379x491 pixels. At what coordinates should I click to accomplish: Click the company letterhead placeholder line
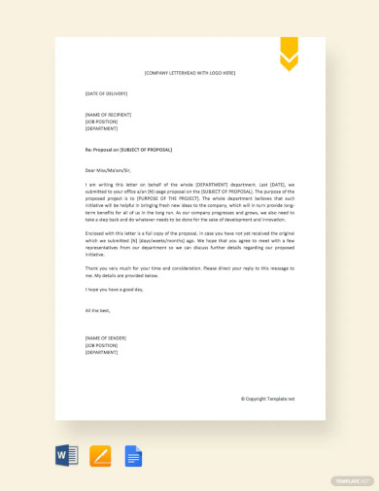(189, 73)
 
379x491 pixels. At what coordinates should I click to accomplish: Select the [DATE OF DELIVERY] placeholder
(106, 93)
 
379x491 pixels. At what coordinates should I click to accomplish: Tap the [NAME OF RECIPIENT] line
(108, 114)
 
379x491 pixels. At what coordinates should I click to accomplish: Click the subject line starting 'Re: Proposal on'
(128, 150)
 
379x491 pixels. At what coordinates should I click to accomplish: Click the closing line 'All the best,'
(98, 310)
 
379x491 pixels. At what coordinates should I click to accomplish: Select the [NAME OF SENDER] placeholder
(105, 337)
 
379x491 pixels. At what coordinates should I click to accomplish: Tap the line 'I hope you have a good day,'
(114, 289)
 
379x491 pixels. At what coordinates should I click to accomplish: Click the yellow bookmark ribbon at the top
(289, 53)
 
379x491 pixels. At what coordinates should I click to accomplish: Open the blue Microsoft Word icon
(66, 456)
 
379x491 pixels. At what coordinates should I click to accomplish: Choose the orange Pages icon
(100, 456)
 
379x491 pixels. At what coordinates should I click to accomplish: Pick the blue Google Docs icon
(133, 456)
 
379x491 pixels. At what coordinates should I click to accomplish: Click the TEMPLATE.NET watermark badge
(352, 480)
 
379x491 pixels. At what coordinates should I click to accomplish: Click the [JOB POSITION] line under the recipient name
(102, 121)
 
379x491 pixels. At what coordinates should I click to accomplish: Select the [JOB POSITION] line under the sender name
(102, 344)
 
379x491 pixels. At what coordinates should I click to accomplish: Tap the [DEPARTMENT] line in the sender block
(101, 352)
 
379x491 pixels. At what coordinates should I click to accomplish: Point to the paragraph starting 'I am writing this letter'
(189, 202)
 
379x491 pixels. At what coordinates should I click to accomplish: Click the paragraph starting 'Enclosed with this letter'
(189, 243)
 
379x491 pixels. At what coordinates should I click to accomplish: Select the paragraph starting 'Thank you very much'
(189, 270)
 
